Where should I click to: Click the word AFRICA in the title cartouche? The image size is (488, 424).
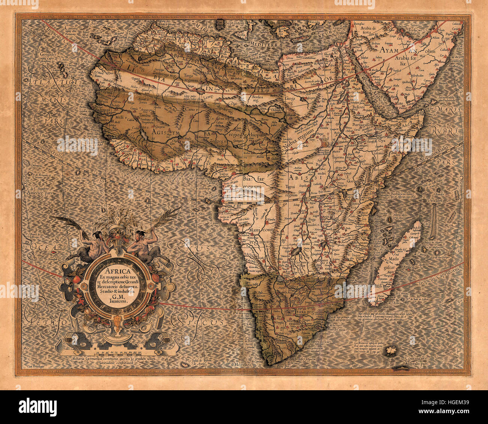(117, 271)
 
